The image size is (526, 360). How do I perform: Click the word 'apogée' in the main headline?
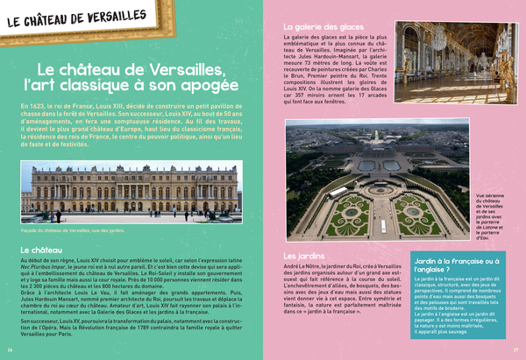click(x=203, y=87)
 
